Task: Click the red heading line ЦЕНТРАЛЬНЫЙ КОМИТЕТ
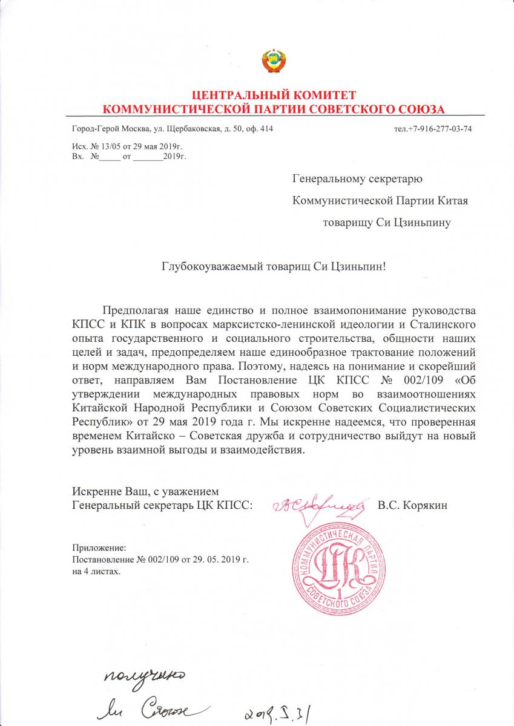(274, 96)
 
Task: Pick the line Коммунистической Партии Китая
(380, 200)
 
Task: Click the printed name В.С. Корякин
(412, 505)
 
